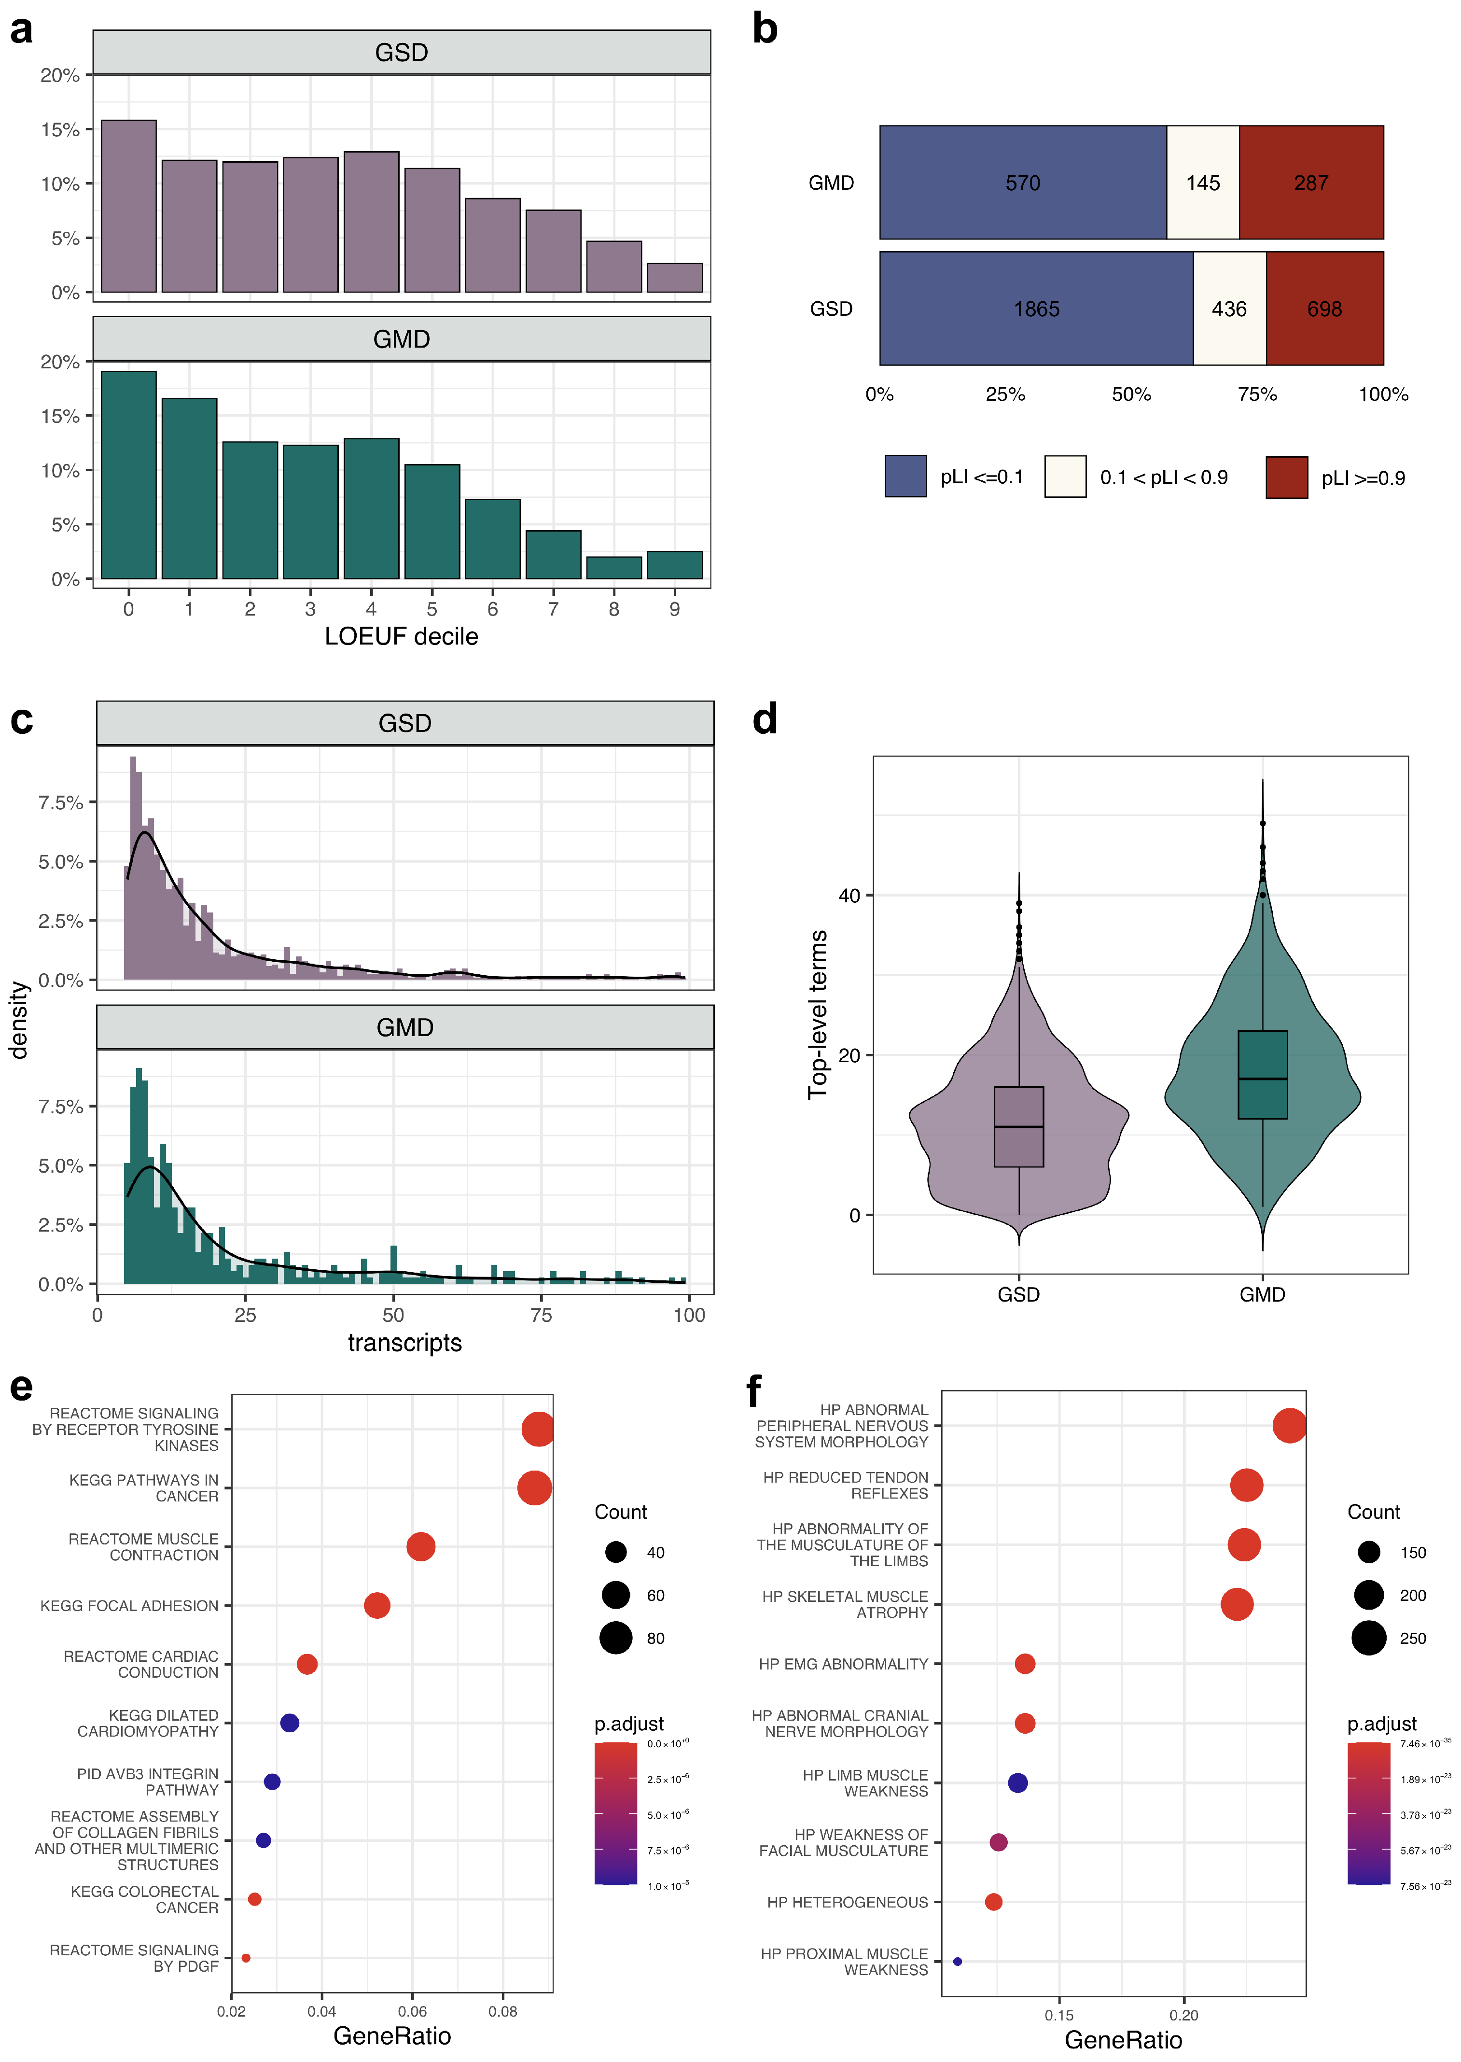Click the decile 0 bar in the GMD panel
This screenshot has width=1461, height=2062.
(129, 475)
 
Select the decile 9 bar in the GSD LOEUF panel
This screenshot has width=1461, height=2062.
(675, 278)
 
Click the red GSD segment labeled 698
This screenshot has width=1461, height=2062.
(1324, 309)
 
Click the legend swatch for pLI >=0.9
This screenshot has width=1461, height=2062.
(1286, 477)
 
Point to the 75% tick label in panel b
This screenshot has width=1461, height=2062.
(1257, 394)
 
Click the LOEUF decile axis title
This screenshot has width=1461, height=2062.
(401, 636)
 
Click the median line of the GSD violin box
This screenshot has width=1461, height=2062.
(1018, 1126)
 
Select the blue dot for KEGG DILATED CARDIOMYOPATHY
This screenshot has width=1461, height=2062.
(289, 1723)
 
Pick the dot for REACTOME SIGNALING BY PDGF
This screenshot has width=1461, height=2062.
(246, 1958)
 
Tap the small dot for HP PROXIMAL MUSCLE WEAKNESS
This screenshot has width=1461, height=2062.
(957, 1961)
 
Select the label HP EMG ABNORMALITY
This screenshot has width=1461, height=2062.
(843, 1664)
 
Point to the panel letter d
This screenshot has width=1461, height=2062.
(765, 720)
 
